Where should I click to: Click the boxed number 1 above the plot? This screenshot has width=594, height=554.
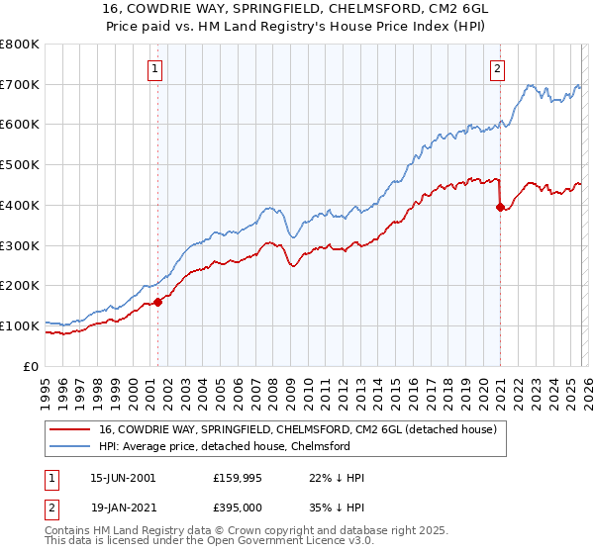coord(156,68)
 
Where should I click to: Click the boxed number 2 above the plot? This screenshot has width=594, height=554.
coord(496,68)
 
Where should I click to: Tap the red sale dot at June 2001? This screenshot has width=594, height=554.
coord(157,302)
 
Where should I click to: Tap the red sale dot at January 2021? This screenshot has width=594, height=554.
coord(500,207)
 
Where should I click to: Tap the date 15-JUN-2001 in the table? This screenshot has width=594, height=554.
coord(123,478)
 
